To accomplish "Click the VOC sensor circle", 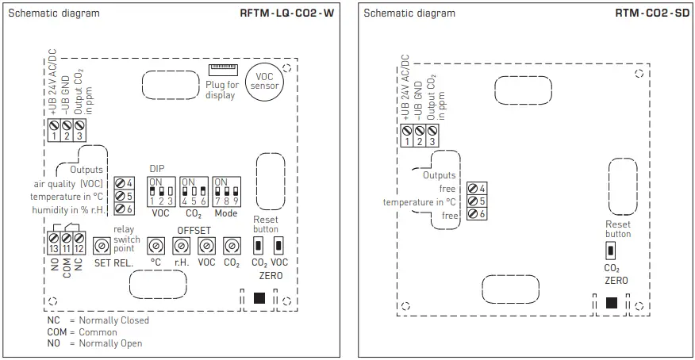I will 263,82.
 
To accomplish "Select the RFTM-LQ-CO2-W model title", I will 286,13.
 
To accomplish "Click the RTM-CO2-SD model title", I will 652,13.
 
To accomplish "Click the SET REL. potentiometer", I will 102,244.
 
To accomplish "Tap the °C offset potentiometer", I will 156,244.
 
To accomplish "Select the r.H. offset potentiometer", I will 181,244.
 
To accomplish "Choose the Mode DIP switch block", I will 226,193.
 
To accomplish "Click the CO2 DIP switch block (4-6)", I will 193,193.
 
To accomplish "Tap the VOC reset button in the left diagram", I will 278,243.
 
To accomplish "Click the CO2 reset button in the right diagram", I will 609,251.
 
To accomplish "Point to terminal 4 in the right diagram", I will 474,188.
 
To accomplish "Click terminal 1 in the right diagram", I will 407,132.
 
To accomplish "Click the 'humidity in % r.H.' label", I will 67,209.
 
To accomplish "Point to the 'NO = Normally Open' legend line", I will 94,343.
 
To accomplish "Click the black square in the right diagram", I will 611,302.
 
